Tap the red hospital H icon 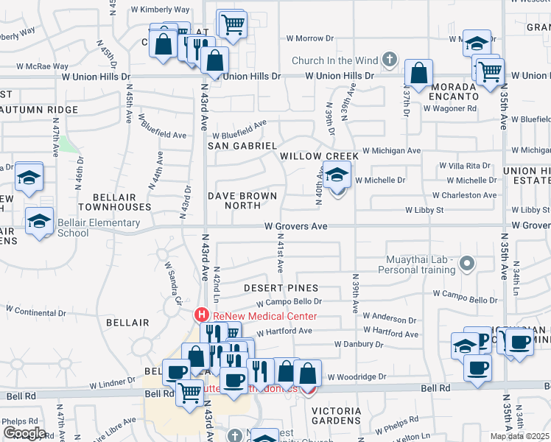(200, 315)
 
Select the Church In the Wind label (334, 60)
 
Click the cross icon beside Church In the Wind (390, 60)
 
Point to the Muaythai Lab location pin (466, 263)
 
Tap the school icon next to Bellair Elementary (39, 221)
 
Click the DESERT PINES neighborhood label (281, 287)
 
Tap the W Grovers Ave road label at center (295, 226)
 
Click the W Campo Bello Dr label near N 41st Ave (289, 302)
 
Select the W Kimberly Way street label (160, 10)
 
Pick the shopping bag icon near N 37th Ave (418, 74)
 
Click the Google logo (24, 433)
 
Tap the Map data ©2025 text (520, 436)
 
